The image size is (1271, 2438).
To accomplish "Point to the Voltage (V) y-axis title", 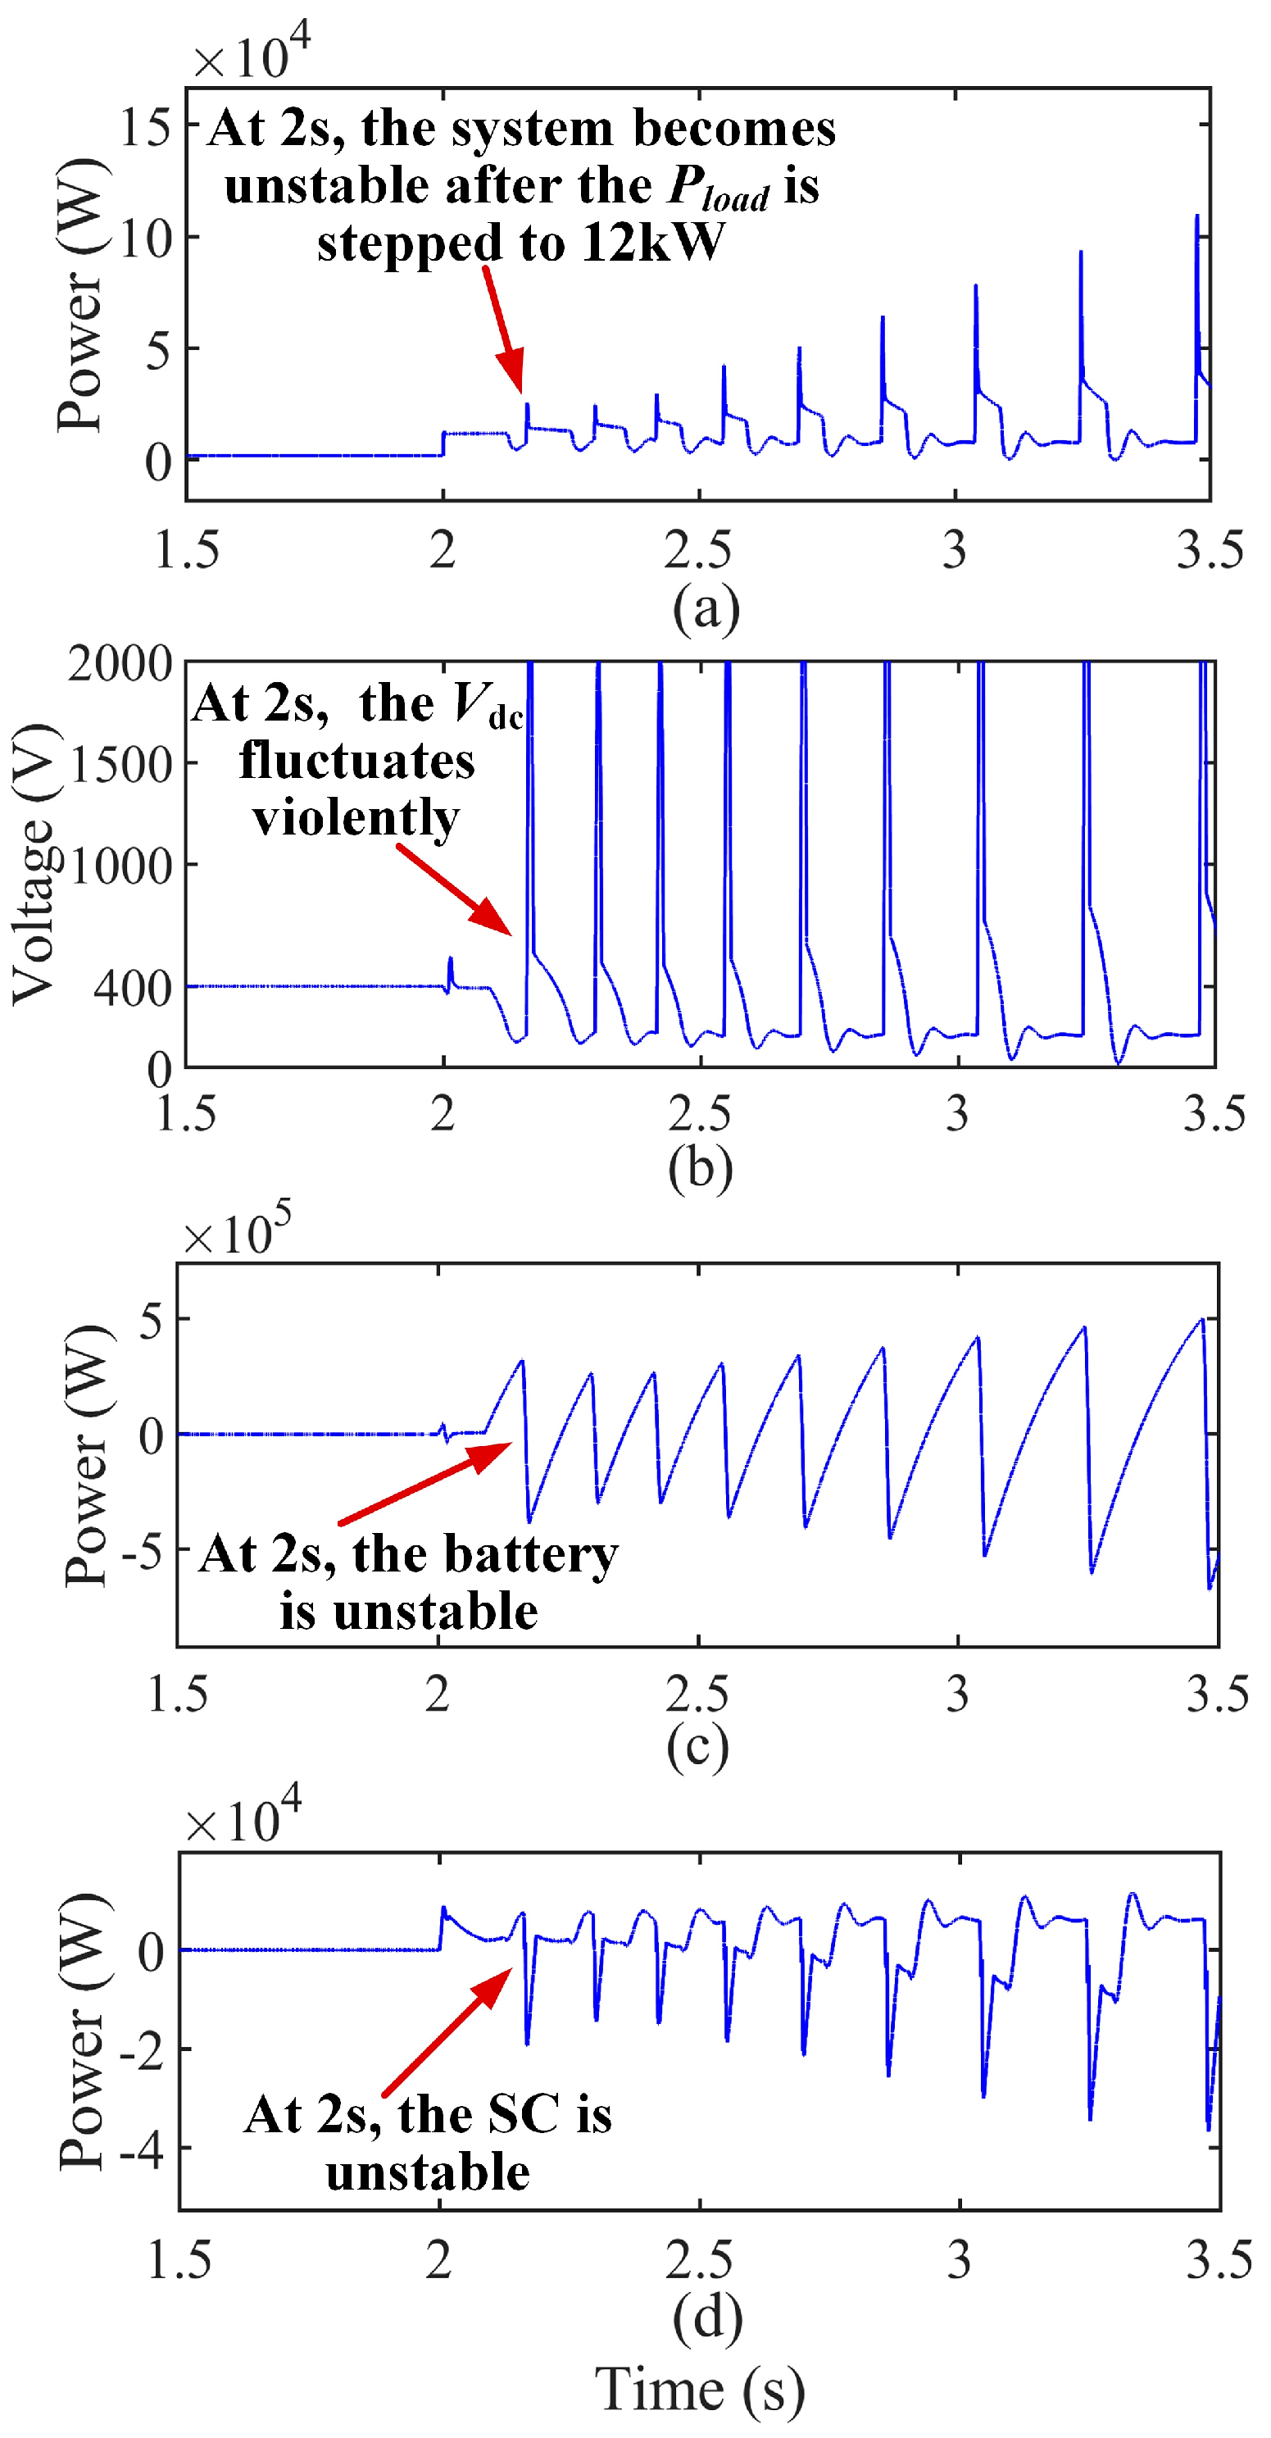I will click(x=32, y=863).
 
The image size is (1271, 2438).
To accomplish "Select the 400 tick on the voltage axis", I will click(x=133, y=988).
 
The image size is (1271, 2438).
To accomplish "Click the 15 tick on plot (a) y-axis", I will click(x=144, y=126).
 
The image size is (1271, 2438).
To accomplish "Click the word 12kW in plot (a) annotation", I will click(x=652, y=243).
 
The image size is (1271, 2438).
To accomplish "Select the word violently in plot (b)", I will click(x=356, y=816).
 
